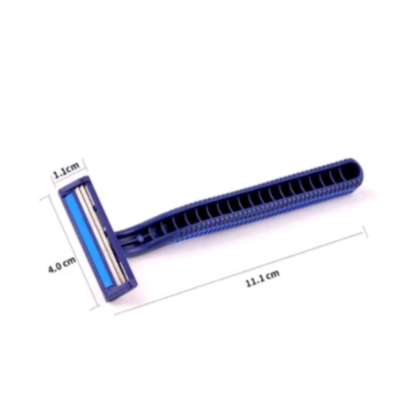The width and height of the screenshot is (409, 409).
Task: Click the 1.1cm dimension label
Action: point(66,170)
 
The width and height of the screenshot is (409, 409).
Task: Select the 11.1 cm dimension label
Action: point(263,278)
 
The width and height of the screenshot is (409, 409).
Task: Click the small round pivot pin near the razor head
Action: point(140,238)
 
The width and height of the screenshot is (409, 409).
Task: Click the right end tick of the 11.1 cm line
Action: point(365,232)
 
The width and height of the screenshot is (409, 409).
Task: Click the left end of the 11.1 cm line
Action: point(115,314)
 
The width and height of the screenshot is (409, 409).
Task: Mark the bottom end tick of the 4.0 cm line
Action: point(95,308)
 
